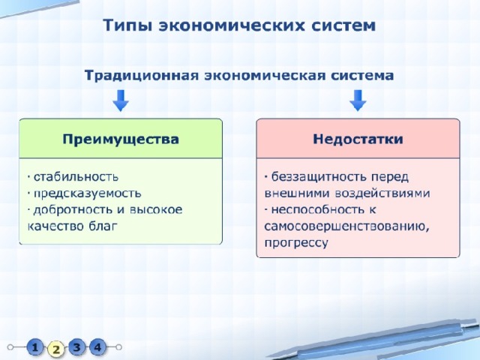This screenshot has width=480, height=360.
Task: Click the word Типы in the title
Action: [127, 25]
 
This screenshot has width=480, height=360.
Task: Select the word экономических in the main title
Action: [232, 25]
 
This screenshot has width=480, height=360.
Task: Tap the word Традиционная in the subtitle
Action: [142, 76]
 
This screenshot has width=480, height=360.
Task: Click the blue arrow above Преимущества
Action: [121, 100]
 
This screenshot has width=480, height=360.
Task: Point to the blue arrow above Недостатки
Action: [358, 100]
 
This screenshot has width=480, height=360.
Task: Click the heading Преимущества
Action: [121, 139]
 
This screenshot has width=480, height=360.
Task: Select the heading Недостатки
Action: [358, 139]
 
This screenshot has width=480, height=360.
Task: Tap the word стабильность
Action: [76, 177]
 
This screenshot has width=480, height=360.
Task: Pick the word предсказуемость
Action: [88, 193]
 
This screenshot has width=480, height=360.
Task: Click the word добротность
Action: [73, 210]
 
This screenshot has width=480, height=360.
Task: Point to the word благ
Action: [103, 226]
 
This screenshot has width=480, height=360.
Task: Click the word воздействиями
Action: [382, 193]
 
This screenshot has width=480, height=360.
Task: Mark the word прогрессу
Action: [296, 243]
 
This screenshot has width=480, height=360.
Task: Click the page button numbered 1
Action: [35, 347]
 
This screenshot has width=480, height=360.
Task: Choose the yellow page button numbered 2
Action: [56, 349]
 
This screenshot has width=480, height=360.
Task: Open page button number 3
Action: [76, 347]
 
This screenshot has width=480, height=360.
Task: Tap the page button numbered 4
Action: [97, 347]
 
